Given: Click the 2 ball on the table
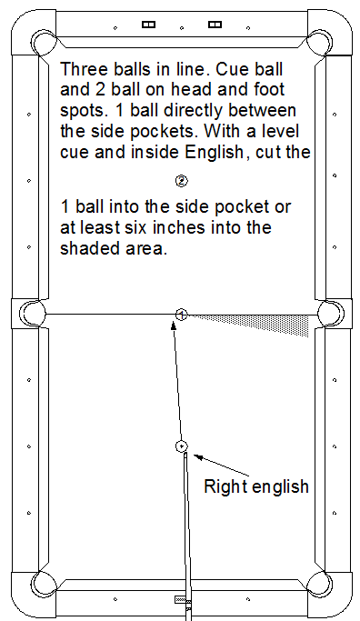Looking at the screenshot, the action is click(x=182, y=181).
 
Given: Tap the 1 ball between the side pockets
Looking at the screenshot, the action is click(x=182, y=315).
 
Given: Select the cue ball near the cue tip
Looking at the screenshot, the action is click(x=182, y=446).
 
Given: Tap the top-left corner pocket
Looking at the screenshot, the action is click(x=43, y=43).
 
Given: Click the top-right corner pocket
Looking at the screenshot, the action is click(x=320, y=43).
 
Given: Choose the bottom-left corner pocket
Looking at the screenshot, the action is click(x=43, y=584).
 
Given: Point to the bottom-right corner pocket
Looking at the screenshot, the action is click(x=320, y=584).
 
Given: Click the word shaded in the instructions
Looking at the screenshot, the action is click(x=86, y=248).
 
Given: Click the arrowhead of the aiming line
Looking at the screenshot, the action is click(x=173, y=326).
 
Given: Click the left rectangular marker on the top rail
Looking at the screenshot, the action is click(x=148, y=25).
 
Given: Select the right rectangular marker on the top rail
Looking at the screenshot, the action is click(x=215, y=25).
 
